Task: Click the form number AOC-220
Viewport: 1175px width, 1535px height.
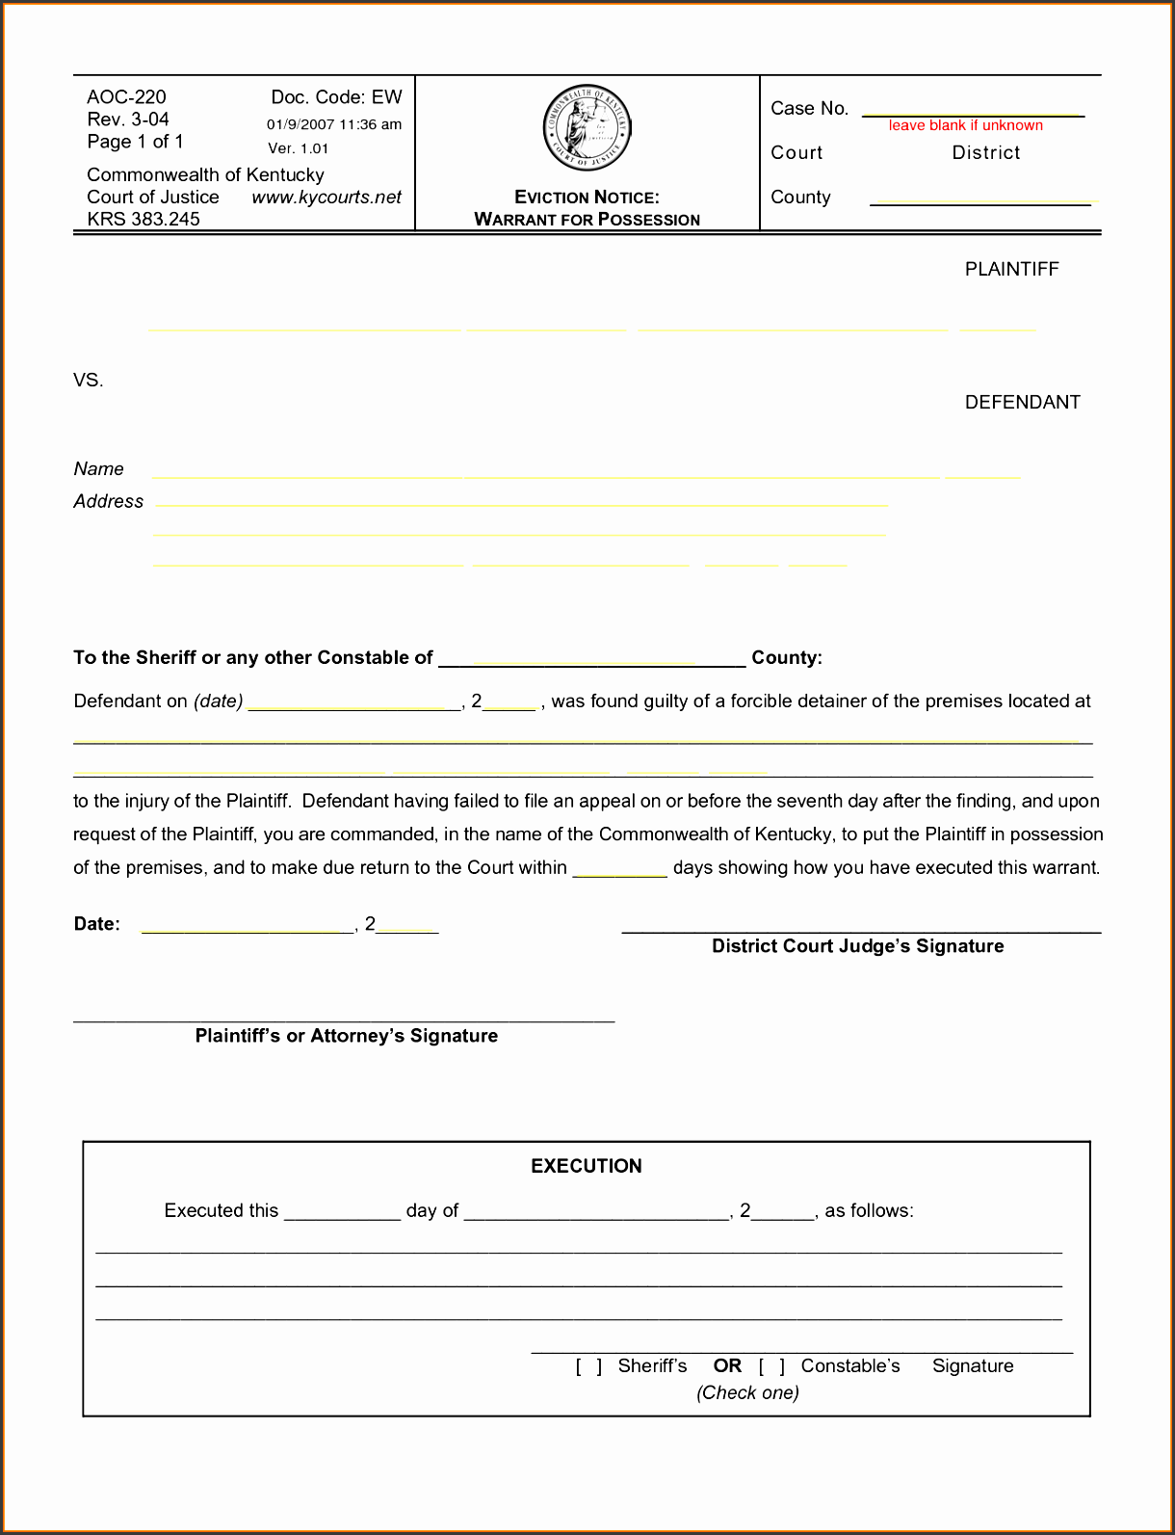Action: pos(126,97)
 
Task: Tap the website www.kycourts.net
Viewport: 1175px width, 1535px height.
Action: pos(326,198)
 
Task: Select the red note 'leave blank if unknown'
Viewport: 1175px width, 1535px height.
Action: pos(965,125)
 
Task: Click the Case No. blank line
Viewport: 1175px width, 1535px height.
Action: pos(973,113)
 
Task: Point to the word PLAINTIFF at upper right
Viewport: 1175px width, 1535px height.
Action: pos(1011,270)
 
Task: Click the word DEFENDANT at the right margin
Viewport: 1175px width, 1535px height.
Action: pos(1022,403)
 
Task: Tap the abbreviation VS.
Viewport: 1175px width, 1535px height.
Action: pos(89,381)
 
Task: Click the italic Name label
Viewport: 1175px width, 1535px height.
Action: pos(99,469)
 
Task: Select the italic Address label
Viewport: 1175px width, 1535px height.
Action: pos(109,502)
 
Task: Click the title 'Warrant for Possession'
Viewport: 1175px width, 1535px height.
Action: pos(587,220)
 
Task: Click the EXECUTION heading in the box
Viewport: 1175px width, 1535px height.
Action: pos(587,1166)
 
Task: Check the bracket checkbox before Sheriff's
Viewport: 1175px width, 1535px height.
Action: pos(589,1366)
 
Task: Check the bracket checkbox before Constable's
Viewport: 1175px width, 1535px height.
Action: pos(771,1366)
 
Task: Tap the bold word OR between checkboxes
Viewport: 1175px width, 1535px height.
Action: pos(727,1366)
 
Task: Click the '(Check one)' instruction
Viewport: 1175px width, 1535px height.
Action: pos(748,1392)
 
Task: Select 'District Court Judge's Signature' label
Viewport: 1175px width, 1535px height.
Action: pos(857,946)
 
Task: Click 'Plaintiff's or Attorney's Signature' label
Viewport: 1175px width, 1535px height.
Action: pos(347,1036)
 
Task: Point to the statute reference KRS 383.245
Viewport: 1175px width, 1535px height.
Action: pos(144,220)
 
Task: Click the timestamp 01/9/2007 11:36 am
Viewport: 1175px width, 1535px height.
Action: pos(334,124)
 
